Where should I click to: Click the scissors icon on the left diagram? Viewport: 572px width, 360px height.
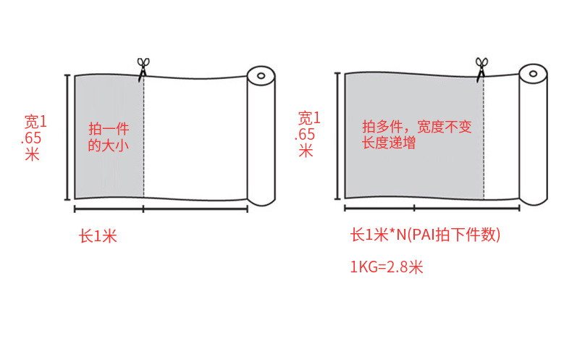[143, 67]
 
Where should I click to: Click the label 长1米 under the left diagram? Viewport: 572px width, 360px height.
[98, 235]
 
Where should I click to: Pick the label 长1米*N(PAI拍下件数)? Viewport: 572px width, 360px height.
[425, 235]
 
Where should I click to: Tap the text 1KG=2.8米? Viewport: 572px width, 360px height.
[386, 267]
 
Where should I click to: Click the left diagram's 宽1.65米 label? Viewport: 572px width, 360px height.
[35, 137]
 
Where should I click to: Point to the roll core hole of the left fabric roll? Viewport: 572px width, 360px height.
[261, 75]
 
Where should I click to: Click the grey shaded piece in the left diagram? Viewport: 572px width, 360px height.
[109, 167]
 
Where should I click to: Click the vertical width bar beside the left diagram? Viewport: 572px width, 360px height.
[68, 137]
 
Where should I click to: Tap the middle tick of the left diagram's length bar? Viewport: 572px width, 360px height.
[144, 210]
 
